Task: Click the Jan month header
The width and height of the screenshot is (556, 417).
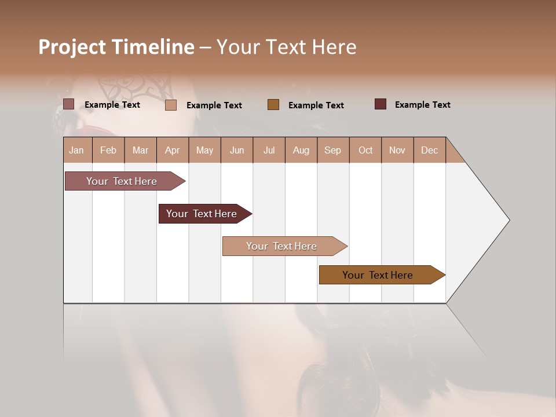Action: tap(76, 150)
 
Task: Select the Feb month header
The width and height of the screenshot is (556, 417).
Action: tap(108, 150)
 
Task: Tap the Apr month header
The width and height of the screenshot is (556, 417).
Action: tap(173, 150)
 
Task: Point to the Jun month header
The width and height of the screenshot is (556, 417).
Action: tap(237, 150)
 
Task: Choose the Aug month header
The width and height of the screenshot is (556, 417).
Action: tap(301, 150)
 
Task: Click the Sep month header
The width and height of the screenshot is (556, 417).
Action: tap(333, 150)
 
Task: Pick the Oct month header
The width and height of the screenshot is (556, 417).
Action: tap(365, 150)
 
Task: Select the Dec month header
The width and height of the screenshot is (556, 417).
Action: tap(430, 150)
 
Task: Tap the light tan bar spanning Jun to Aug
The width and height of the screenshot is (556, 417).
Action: tap(282, 246)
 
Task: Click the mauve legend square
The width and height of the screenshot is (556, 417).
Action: tap(69, 104)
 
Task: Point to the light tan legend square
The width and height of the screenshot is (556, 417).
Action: tap(171, 105)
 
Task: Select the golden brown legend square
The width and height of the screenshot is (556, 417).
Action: tap(273, 104)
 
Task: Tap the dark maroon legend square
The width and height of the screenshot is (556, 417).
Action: tap(381, 104)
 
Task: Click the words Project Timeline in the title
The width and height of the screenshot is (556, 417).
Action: tap(116, 47)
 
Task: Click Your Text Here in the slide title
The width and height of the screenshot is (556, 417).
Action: tap(286, 47)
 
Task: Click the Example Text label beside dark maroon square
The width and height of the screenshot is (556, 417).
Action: tap(422, 105)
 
